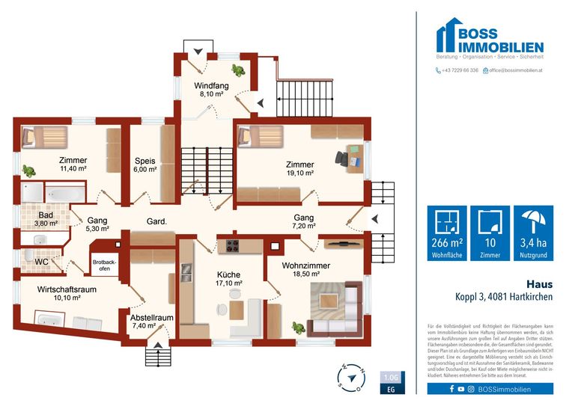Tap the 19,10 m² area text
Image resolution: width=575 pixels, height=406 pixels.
299,173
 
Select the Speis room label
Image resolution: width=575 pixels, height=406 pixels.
144,161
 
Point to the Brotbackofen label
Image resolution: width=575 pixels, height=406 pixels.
106,265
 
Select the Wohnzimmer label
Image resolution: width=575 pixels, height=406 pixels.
306,265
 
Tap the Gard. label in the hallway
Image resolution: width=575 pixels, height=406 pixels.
156,221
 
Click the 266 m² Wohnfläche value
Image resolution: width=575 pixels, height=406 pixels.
447,244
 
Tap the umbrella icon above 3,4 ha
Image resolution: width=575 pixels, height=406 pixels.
533,222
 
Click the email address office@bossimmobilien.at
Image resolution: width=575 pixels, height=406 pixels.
522,70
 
